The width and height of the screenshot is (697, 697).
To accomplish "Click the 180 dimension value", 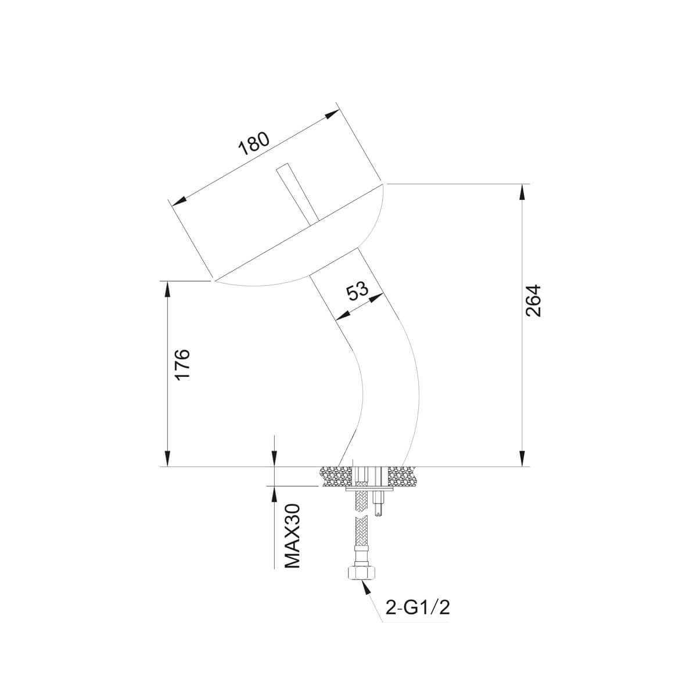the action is pos(254,143).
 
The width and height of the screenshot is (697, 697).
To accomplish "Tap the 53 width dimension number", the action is pos(357,292).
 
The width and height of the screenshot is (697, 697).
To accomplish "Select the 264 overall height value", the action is pos(533,301).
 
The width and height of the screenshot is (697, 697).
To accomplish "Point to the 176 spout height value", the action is pos(182,364).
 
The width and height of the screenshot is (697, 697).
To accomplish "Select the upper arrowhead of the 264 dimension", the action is pos(522,191).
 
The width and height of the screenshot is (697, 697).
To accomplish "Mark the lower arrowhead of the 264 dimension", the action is pos(522,459).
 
